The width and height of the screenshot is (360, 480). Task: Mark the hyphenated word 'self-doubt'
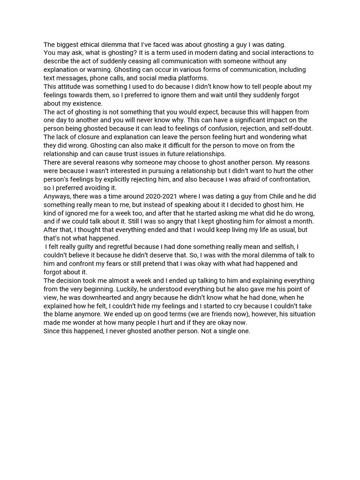[297, 128]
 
